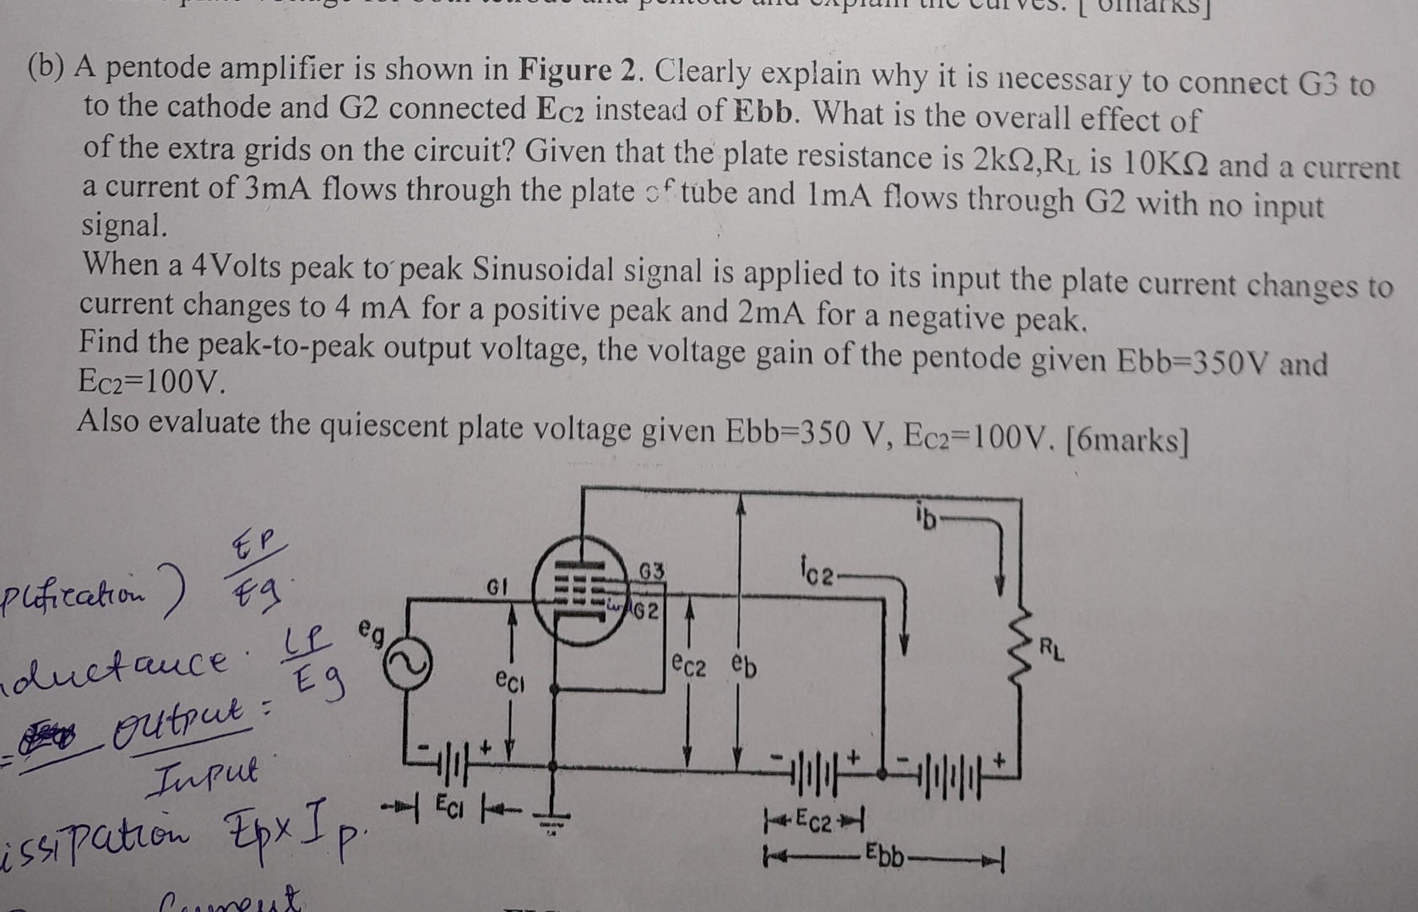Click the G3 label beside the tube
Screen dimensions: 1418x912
pyautogui.click(x=651, y=572)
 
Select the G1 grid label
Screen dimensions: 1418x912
pyautogui.click(x=496, y=586)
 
